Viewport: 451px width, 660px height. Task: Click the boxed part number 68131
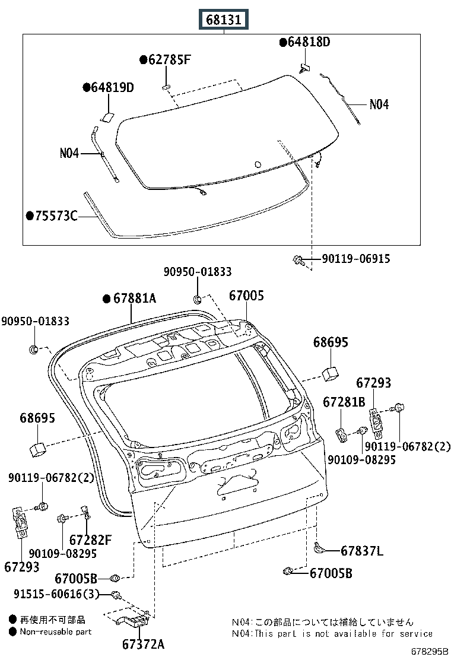point(224,20)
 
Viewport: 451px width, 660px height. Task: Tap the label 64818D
point(308,42)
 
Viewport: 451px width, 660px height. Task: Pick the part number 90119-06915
point(355,259)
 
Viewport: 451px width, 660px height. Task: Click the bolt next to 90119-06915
point(299,259)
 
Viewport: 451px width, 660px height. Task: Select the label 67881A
point(134,299)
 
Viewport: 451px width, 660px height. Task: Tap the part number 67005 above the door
point(247,296)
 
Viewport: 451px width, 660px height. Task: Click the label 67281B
point(344,402)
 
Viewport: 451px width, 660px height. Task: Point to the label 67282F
point(90,540)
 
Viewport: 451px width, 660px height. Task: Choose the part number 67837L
point(362,551)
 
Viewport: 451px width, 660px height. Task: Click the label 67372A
point(143,644)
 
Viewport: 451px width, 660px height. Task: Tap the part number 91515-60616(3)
point(58,594)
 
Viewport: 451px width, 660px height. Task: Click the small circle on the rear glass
point(258,164)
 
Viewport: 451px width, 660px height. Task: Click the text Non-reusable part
point(56,632)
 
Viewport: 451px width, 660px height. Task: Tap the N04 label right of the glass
point(379,104)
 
